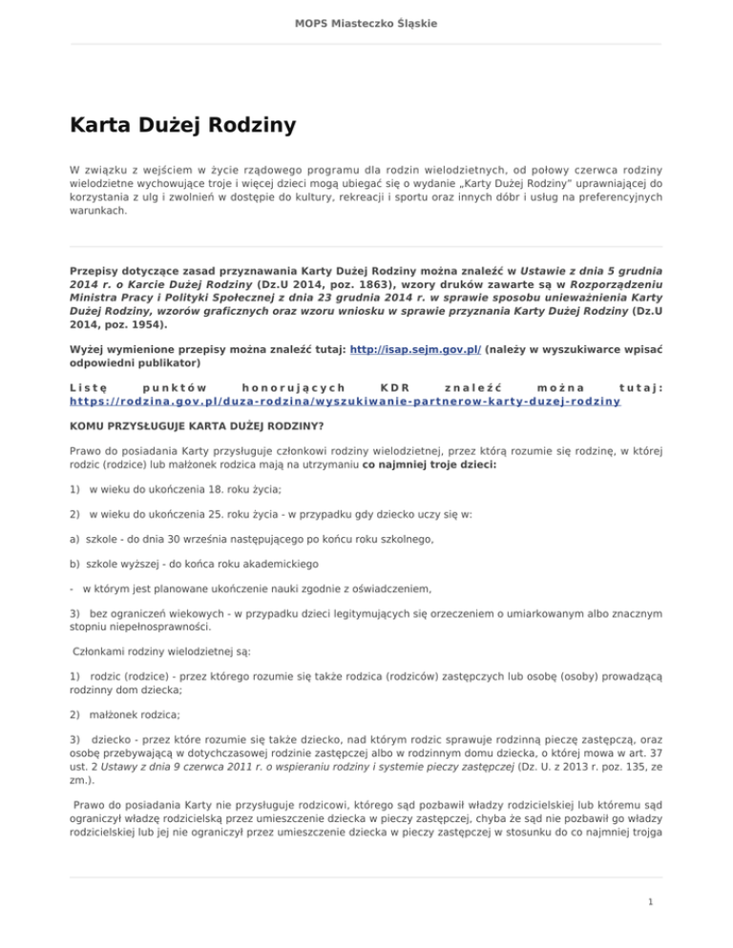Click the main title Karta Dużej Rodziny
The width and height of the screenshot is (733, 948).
[x=182, y=125]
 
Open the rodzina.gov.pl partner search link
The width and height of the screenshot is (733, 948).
[x=345, y=402]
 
